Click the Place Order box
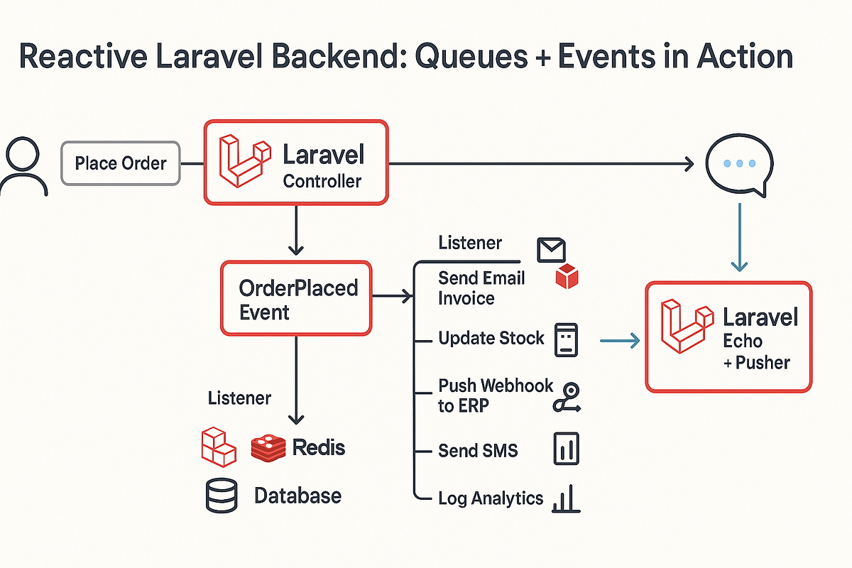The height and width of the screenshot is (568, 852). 121,163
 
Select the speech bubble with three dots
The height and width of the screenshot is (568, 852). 737,165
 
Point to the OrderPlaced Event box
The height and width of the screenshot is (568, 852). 296,298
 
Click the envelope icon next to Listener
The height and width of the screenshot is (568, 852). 551,249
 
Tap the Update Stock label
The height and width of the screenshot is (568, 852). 491,338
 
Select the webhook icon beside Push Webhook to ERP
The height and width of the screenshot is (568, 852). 566,398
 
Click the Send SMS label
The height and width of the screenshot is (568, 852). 478,450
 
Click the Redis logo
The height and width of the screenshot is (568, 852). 270,447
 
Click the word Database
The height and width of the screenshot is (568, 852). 297,495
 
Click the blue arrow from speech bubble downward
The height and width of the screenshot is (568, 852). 740,238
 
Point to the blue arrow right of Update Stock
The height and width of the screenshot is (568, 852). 620,342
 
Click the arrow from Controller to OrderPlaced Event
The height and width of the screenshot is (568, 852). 296,231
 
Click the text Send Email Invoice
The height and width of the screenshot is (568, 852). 481,288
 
